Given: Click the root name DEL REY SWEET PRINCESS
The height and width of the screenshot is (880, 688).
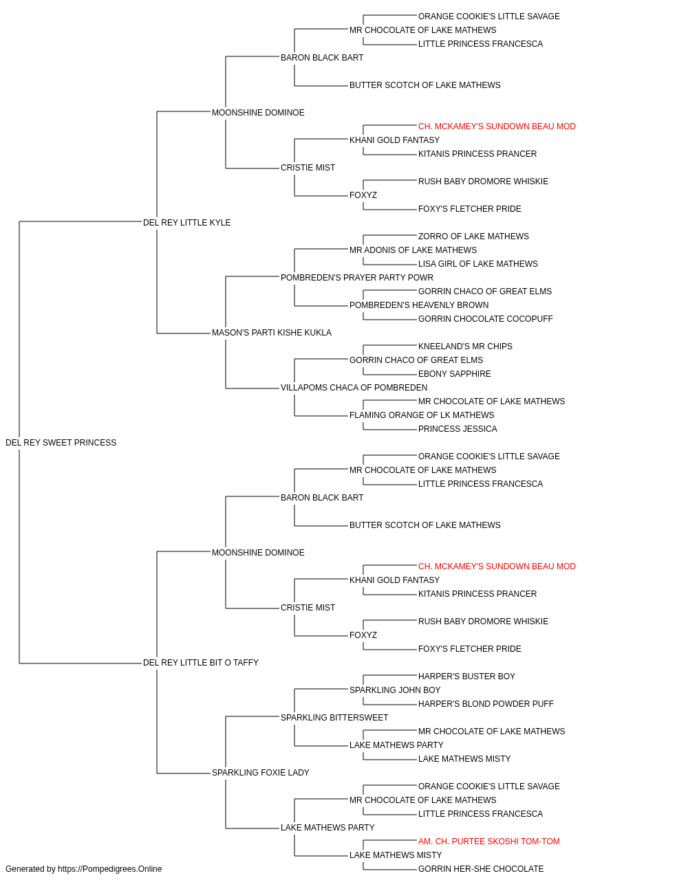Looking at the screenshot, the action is pos(61,443).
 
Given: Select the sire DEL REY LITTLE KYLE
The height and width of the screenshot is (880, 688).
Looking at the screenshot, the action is pos(186,223).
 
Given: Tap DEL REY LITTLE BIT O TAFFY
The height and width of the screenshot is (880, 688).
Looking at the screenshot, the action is pos(201,663).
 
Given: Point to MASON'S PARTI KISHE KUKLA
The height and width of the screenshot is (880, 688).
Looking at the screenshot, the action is pos(272,333).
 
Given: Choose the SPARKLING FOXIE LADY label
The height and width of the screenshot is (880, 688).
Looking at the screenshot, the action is pos(261,773).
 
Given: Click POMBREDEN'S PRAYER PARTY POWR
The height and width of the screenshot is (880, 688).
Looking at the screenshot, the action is pos(357,278).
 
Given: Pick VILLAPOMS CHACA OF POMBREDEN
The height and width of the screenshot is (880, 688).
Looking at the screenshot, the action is pos(354,388).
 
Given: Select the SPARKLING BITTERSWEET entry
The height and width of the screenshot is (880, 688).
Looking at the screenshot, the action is pos(334,718).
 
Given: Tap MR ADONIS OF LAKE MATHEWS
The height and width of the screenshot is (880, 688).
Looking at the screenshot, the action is pos(413,250).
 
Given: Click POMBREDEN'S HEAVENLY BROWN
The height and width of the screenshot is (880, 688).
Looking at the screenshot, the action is pos(419,305).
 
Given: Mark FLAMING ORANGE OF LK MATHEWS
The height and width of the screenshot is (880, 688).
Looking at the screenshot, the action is pos(422,415).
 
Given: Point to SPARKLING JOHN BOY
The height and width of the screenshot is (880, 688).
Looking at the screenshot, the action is pos(395,690).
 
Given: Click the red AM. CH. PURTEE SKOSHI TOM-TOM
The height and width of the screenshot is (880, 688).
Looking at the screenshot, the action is pos(488,841).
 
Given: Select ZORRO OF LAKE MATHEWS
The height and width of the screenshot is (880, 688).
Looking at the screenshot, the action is pos(473,236).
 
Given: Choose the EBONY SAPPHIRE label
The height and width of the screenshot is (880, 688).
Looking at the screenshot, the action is pos(454,374).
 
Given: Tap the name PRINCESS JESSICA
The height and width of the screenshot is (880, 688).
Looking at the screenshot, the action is pos(458,429).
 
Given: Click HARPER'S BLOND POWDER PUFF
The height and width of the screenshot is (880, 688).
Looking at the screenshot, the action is pos(486,704).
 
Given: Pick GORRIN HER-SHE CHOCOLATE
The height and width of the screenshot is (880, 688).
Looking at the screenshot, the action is pos(481,869).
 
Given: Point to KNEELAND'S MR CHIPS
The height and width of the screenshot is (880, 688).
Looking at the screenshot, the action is pos(465,346).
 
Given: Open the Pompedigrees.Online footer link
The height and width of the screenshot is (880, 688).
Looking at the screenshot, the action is pos(110,869).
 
